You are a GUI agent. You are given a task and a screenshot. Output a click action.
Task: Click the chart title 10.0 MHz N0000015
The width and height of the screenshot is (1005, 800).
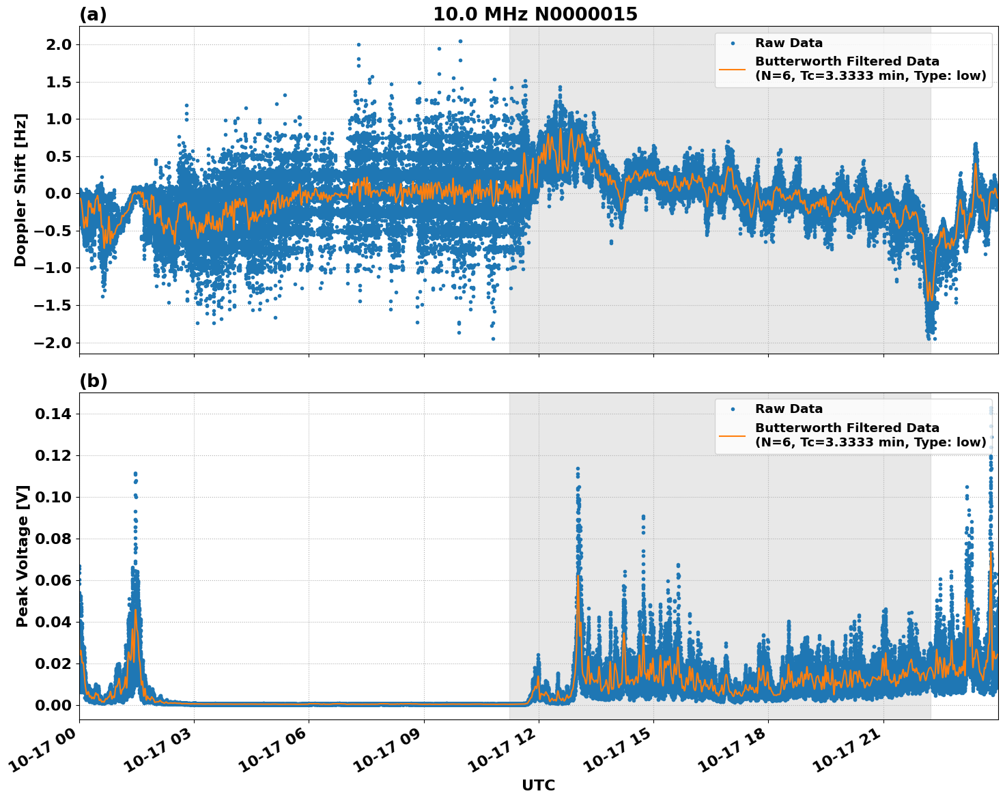pyautogui.click(x=535, y=14)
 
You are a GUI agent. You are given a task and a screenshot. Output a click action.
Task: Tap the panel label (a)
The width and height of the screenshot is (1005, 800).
pyautogui.click(x=93, y=14)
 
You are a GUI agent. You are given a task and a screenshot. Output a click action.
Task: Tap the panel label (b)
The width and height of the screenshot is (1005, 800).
pyautogui.click(x=93, y=381)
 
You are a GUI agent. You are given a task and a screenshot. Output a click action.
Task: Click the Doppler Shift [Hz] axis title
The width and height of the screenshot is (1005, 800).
pyautogui.click(x=20, y=190)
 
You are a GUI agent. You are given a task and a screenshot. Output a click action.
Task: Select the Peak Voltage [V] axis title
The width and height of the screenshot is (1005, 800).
pyautogui.click(x=23, y=556)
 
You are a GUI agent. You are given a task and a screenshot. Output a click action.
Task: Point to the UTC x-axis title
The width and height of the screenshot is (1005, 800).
pyautogui.click(x=538, y=785)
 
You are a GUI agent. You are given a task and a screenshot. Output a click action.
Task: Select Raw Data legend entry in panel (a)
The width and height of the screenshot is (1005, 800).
pyautogui.click(x=789, y=43)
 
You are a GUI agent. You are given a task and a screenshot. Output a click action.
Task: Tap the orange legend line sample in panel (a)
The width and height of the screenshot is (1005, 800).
pyautogui.click(x=732, y=68)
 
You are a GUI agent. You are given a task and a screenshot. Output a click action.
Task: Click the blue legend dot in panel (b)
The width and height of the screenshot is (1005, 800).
pyautogui.click(x=732, y=409)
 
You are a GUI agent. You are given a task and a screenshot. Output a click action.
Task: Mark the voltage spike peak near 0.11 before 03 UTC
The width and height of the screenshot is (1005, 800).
pyautogui.click(x=135, y=473)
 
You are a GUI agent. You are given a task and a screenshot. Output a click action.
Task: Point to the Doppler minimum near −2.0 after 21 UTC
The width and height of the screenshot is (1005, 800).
pyautogui.click(x=929, y=337)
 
